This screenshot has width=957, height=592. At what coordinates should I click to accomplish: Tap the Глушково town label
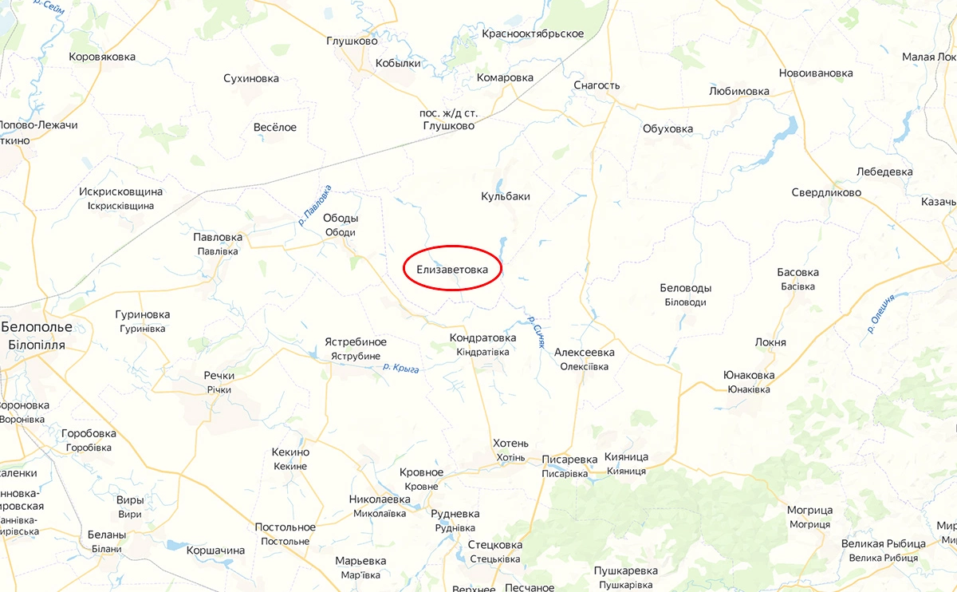(352, 41)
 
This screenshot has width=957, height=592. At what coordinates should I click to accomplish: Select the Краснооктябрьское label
(533, 34)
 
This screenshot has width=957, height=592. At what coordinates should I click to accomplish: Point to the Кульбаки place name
(506, 196)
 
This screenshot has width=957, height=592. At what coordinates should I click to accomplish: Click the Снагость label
(597, 85)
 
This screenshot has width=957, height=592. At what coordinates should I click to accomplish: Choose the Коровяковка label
(102, 57)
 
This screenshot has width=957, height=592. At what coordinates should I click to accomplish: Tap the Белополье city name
(37, 327)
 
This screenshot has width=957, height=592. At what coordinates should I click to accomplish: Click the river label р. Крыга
(401, 368)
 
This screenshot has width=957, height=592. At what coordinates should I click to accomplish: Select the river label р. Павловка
(314, 206)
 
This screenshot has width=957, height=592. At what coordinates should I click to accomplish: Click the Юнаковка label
(749, 375)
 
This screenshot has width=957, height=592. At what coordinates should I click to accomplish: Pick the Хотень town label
(510, 444)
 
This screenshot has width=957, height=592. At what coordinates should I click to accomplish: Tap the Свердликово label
(826, 193)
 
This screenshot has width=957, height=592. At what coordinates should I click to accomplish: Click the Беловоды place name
(686, 288)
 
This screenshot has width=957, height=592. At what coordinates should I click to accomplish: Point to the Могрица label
(809, 511)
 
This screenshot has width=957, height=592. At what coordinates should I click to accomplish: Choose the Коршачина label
(215, 551)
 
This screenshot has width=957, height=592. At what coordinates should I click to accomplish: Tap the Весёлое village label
(274, 128)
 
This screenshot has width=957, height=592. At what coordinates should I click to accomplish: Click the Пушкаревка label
(626, 570)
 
